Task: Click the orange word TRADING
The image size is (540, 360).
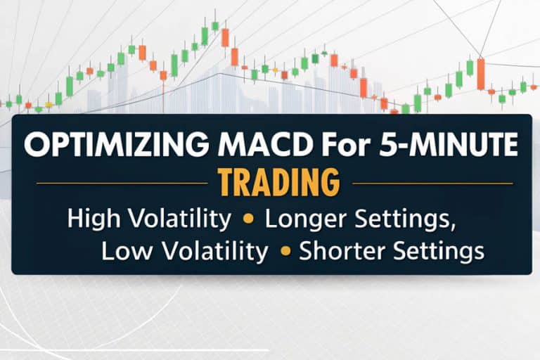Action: tap(280, 182)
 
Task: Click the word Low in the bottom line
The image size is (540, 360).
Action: tap(126, 251)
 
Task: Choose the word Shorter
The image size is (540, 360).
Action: tap(342, 251)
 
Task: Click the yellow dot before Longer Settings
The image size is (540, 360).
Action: tap(248, 219)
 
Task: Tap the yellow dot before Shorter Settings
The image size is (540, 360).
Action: tap(285, 251)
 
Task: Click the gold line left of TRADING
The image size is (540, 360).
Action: tap(122, 184)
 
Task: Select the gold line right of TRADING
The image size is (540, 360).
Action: tap(433, 184)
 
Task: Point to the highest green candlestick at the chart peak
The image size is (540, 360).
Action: tap(215, 25)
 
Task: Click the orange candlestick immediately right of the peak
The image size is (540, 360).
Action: tap(225, 37)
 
